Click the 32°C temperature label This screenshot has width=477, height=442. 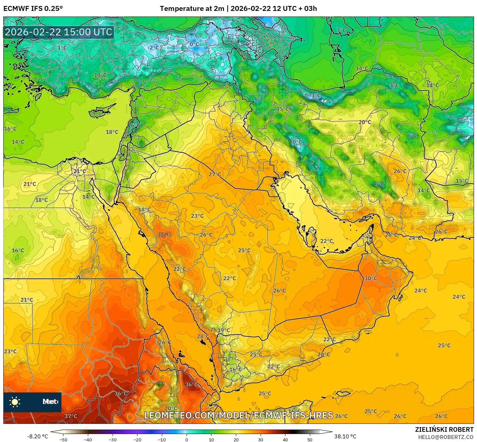(x=165, y=235)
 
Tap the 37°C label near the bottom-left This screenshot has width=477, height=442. (x=71, y=416)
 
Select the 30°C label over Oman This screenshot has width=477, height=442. (x=370, y=278)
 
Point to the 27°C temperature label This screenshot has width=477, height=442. (x=215, y=174)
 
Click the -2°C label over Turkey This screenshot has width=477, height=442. (x=153, y=48)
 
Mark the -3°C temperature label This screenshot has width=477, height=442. (x=315, y=95)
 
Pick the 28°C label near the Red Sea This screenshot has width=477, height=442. (x=203, y=337)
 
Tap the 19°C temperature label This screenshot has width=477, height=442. (x=224, y=330)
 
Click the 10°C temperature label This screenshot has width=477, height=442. (x=100, y=75)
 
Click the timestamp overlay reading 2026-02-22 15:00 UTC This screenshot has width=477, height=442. (x=58, y=32)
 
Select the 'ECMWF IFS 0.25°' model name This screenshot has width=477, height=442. (x=33, y=9)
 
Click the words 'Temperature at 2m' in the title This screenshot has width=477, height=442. (x=192, y=9)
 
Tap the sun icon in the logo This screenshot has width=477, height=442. (x=15, y=402)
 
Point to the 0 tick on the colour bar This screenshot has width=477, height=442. (x=187, y=439)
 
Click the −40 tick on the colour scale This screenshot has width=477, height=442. (x=88, y=439)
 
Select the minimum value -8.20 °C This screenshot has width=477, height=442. (x=37, y=436)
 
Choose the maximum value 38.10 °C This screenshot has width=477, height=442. (x=345, y=436)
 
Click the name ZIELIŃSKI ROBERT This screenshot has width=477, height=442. (x=444, y=429)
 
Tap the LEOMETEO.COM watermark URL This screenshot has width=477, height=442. (x=238, y=415)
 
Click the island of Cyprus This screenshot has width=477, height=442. (x=101, y=112)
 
